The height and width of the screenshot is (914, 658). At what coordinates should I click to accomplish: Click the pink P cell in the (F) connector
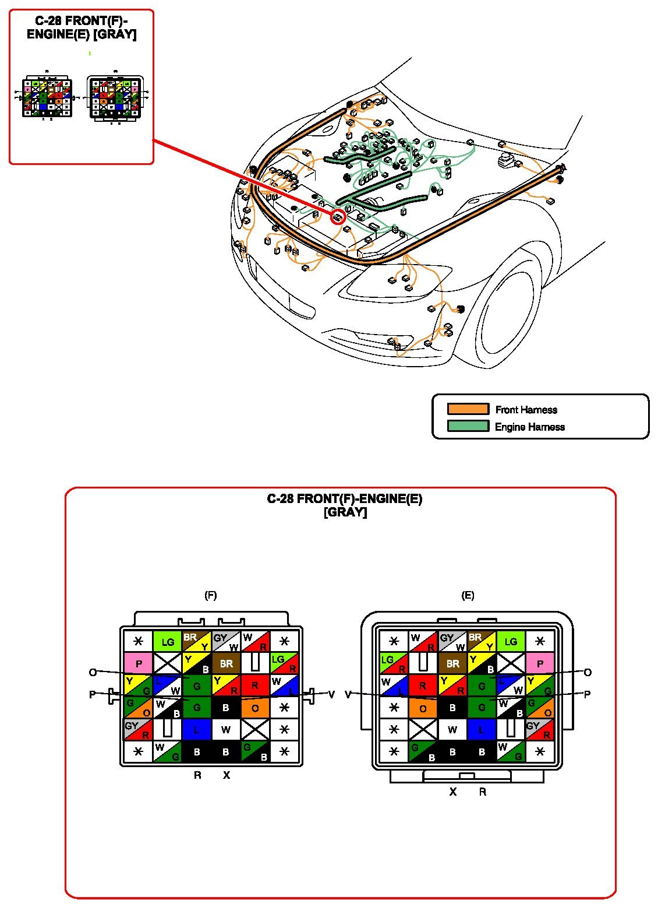pyautogui.click(x=138, y=663)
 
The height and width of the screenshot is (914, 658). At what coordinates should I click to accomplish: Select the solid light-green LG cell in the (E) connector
pyautogui.click(x=511, y=642)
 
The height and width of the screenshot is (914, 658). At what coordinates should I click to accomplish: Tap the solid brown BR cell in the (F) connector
pyautogui.click(x=226, y=663)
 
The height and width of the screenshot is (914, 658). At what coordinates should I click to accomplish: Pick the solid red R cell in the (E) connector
pyautogui.click(x=423, y=685)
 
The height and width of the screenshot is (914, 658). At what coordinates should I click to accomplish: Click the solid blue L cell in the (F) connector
pyautogui.click(x=196, y=729)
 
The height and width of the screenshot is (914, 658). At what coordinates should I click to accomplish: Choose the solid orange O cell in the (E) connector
pyautogui.click(x=423, y=708)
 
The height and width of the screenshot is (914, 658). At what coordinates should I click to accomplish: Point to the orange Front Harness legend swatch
pyautogui.click(x=468, y=409)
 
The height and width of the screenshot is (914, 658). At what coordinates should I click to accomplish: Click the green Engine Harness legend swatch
pyautogui.click(x=468, y=426)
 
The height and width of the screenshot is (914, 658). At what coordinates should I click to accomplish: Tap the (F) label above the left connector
pyautogui.click(x=211, y=595)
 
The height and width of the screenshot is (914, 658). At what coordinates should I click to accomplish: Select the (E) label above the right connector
pyautogui.click(x=468, y=595)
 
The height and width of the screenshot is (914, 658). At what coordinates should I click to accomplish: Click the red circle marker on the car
pyautogui.click(x=338, y=217)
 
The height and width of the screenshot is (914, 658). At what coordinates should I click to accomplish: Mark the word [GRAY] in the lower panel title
pyautogui.click(x=345, y=512)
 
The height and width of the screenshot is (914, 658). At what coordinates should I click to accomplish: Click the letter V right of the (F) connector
pyautogui.click(x=331, y=694)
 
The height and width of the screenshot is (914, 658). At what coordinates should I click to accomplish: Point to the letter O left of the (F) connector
pyautogui.click(x=92, y=673)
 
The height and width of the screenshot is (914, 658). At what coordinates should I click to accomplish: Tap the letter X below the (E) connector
pyautogui.click(x=452, y=792)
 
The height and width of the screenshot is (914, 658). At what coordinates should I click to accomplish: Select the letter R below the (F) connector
pyautogui.click(x=197, y=775)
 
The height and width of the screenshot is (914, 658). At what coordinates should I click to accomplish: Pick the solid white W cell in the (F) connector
pyautogui.click(x=226, y=729)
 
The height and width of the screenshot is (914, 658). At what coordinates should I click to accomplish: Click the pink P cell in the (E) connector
pyautogui.click(x=540, y=663)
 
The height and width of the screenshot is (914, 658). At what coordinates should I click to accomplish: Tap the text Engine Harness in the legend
pyautogui.click(x=529, y=427)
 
